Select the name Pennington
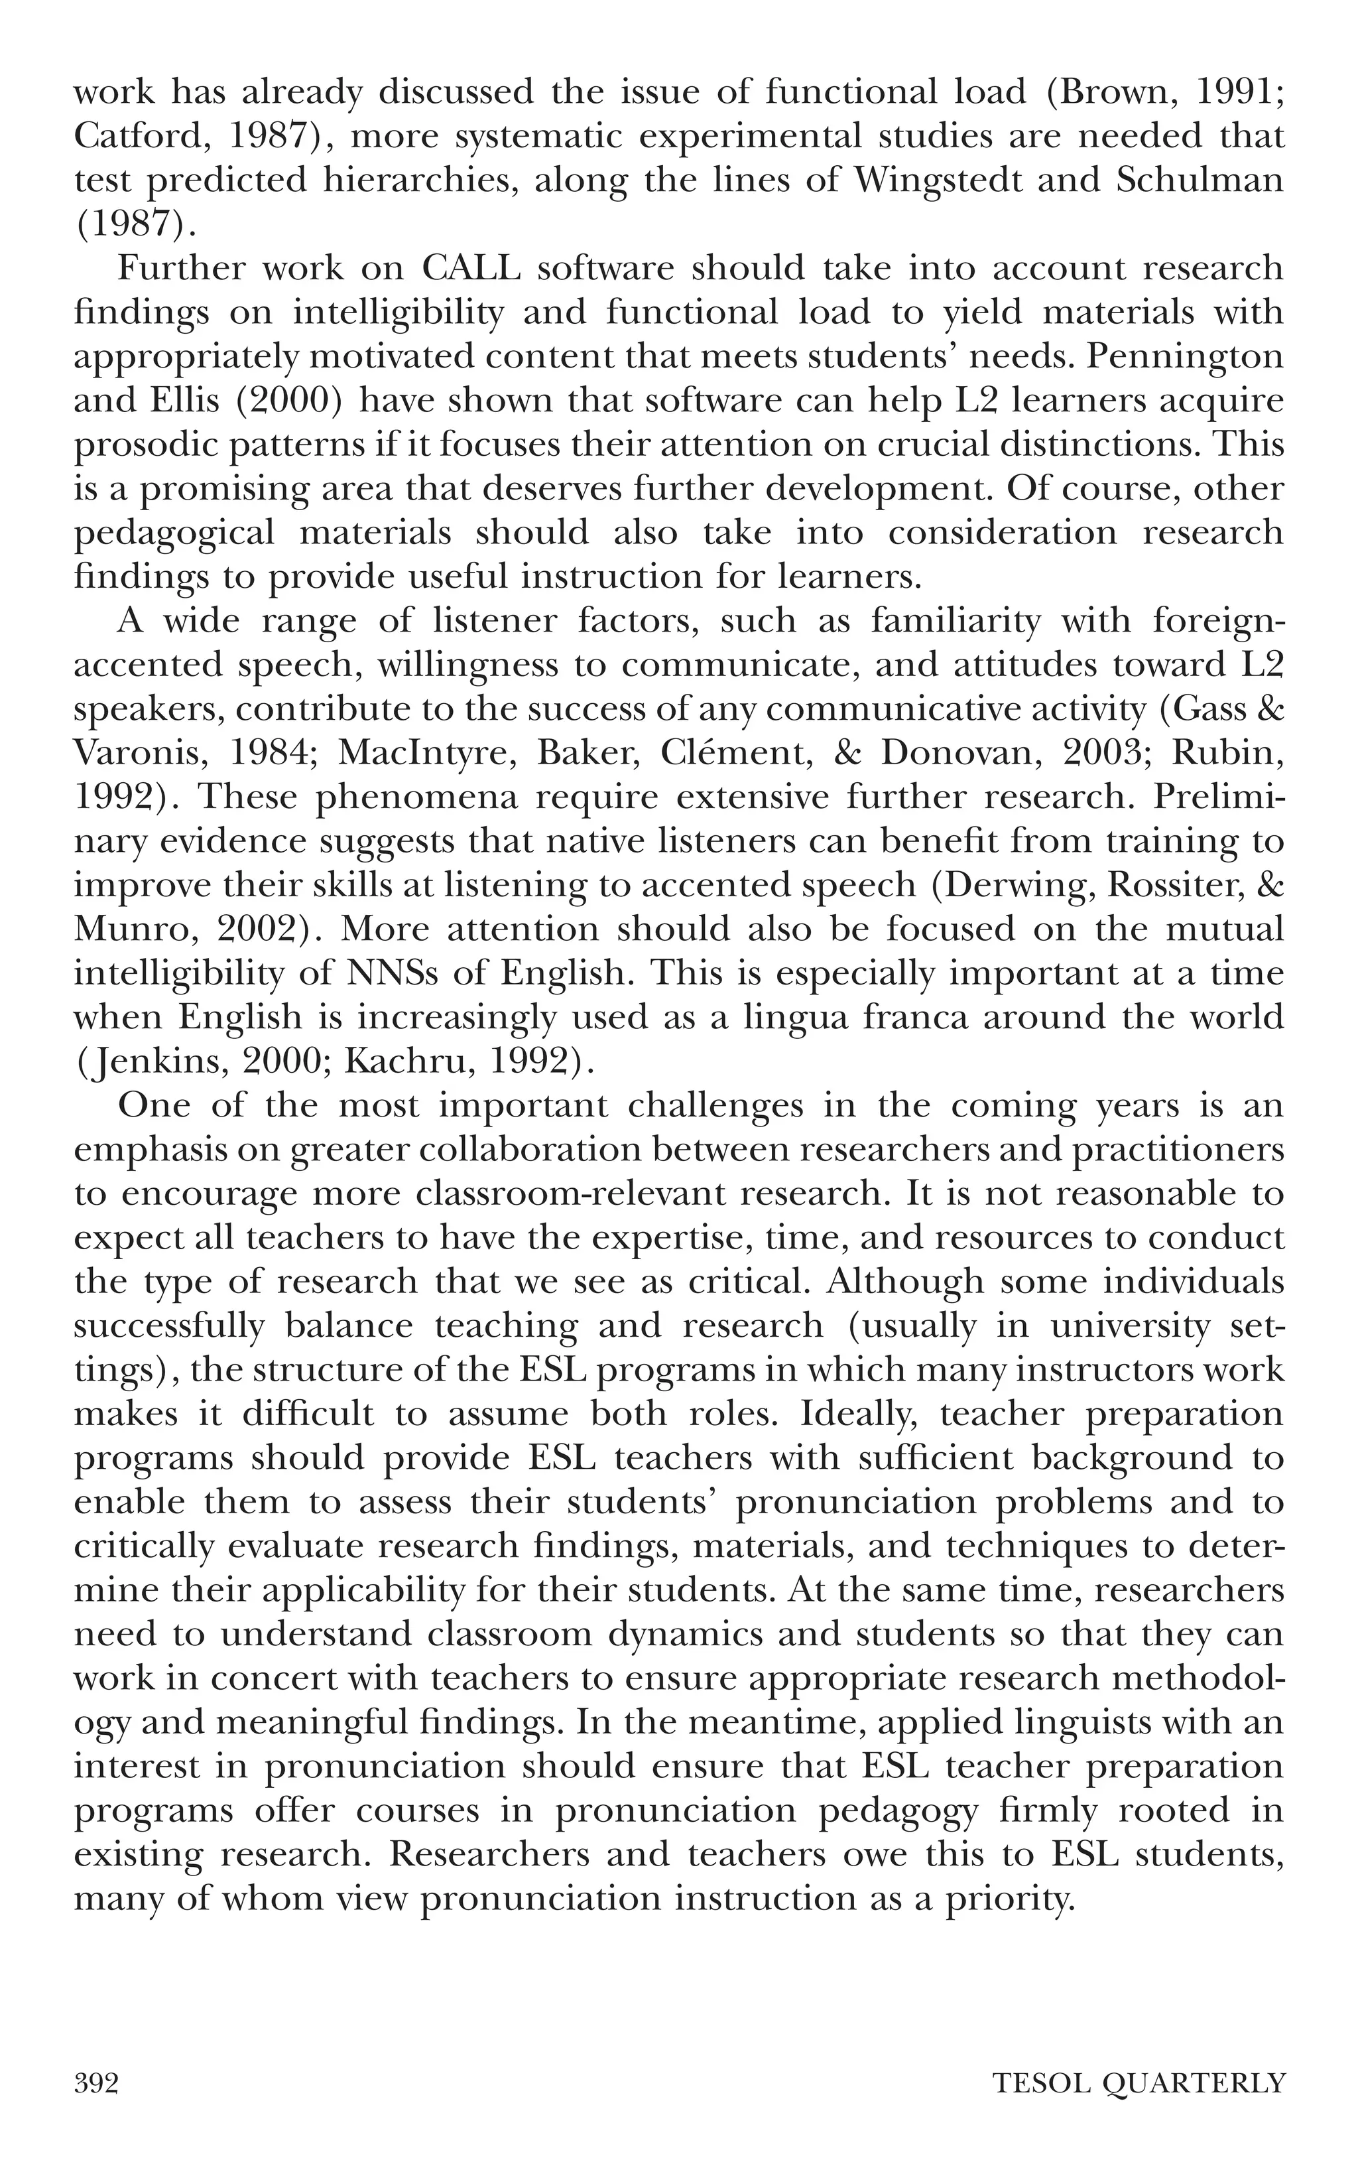coord(1185,357)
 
